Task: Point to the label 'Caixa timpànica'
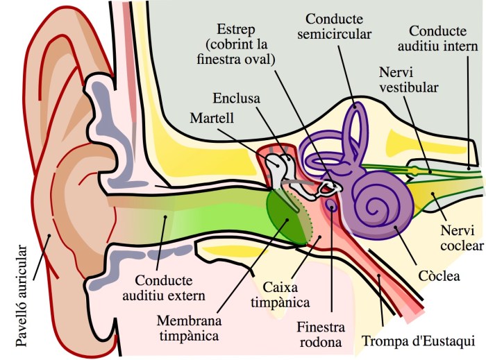[x=286, y=294]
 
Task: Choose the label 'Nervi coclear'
[x=460, y=237]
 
